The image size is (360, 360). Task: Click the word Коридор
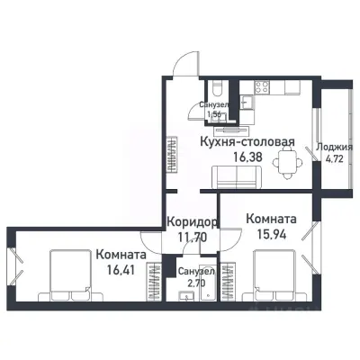(191, 222)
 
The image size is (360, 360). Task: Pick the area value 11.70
(191, 238)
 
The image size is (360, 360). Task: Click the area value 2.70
(195, 283)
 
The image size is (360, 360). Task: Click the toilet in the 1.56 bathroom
(217, 93)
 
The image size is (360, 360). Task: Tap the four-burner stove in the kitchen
(262, 88)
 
